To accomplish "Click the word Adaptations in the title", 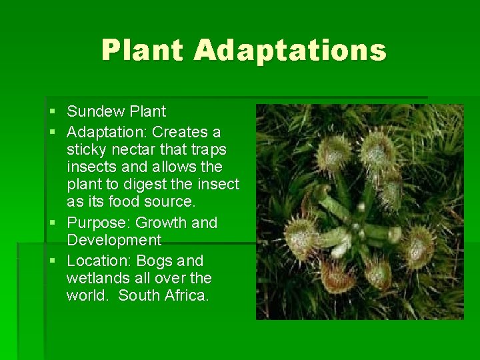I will [x=291, y=50].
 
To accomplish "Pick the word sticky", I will [x=85, y=149].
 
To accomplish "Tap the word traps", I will [x=208, y=149].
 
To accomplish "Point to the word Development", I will [x=113, y=240].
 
